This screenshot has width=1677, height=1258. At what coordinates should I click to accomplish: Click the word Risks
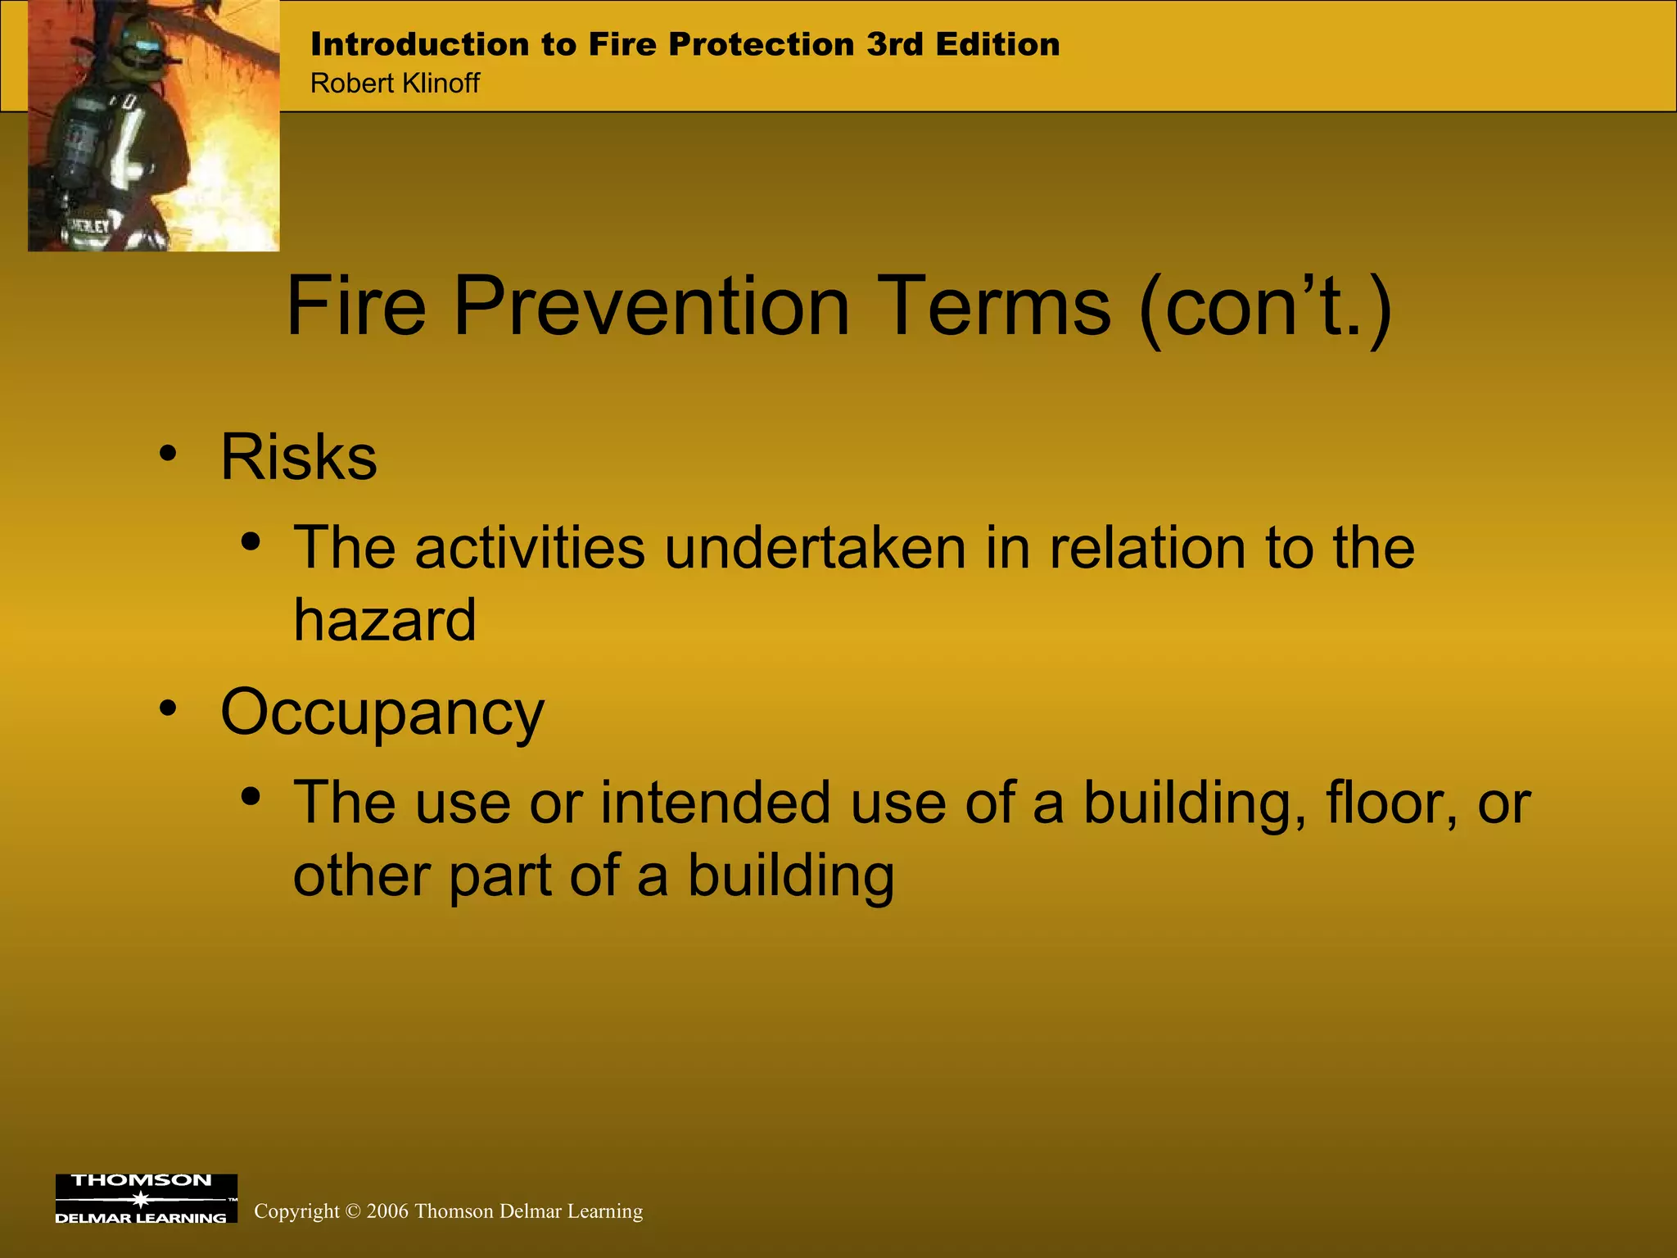click(x=299, y=457)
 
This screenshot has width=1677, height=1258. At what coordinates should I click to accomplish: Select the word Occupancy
click(x=382, y=713)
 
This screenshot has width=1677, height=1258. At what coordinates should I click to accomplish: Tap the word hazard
click(x=385, y=620)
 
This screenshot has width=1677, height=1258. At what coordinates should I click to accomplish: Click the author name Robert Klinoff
click(x=395, y=84)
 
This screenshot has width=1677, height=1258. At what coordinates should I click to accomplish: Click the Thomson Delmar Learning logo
click(x=146, y=1198)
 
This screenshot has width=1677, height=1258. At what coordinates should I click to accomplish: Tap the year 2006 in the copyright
click(x=387, y=1211)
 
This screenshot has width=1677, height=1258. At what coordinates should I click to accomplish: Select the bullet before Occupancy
click(x=168, y=708)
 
